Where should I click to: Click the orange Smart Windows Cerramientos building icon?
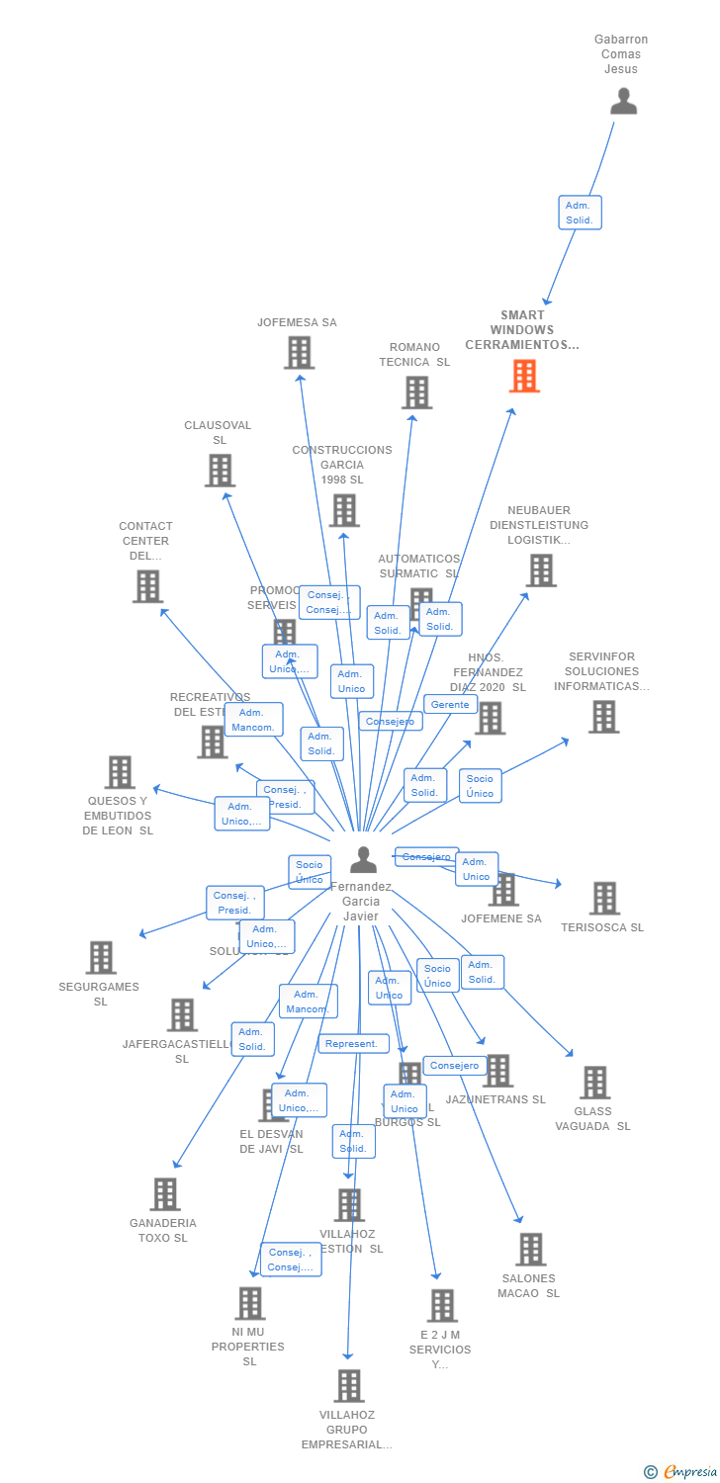point(524,377)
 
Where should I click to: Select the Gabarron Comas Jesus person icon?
point(623,102)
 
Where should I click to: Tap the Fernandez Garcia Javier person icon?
point(363,860)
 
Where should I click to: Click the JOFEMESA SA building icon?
point(299,353)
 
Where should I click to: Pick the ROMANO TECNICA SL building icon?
point(416,393)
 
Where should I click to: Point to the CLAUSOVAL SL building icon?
point(220,471)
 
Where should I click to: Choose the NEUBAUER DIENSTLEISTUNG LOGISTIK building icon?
point(540,570)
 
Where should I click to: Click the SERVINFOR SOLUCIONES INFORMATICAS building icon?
point(603,717)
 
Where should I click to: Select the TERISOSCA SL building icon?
point(604,899)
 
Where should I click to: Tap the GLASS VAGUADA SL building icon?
point(594,1083)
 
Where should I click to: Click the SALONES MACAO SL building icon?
point(530,1250)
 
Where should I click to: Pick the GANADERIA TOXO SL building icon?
point(165,1194)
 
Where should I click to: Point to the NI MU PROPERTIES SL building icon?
point(250,1303)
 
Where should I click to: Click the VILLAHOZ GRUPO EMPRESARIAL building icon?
point(348,1386)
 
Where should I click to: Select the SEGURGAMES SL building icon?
point(101,957)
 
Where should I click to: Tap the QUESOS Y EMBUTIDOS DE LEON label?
point(118,816)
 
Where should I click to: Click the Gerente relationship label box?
point(450,705)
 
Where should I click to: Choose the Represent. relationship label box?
point(352,1044)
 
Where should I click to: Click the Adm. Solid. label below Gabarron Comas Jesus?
point(580,213)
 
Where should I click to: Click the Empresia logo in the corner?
point(682,1472)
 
